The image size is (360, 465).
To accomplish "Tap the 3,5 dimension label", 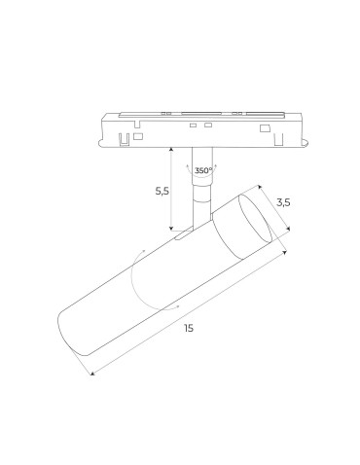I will [283, 202].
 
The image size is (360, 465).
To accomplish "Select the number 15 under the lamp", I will [188, 328].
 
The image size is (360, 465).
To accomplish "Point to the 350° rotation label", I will [202, 170].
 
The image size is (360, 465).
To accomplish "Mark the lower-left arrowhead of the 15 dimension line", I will [91, 374].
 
